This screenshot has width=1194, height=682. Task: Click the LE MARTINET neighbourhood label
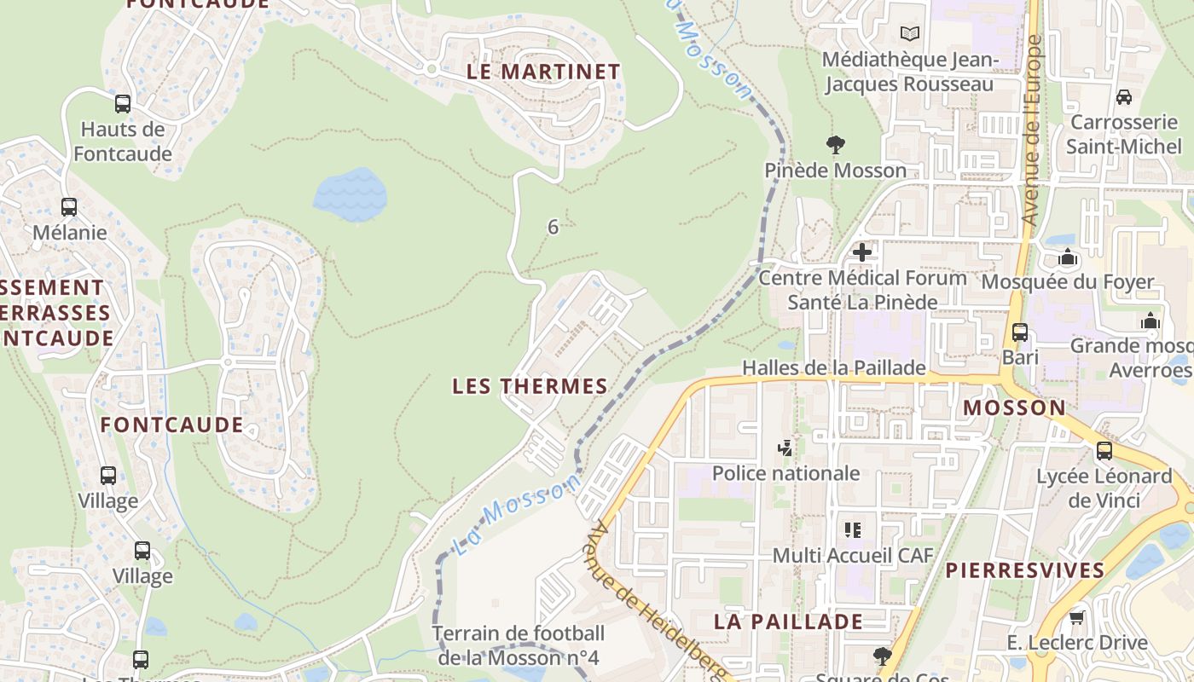543,72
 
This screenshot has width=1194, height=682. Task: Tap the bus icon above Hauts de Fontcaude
123,104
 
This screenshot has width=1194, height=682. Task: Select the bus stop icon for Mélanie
69,207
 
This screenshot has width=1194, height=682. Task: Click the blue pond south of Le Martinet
350,194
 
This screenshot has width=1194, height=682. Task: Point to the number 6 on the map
553,227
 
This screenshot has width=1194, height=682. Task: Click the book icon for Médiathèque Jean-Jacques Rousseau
910,33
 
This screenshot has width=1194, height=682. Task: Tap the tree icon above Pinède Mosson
835,144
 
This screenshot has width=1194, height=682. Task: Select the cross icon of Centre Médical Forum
862,251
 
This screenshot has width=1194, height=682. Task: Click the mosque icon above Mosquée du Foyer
1068,257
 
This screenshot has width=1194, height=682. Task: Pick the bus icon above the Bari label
1020,332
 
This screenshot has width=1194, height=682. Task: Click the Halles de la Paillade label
833,367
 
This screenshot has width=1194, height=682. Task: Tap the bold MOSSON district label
1014,407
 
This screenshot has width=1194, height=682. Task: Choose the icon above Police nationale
785,448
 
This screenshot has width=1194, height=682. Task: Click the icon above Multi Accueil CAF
852,530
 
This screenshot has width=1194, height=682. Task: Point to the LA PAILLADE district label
788,621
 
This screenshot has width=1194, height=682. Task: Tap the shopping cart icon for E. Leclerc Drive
1076,617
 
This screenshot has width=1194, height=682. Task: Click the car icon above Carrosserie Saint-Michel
1124,96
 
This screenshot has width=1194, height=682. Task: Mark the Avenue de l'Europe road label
1033,130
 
